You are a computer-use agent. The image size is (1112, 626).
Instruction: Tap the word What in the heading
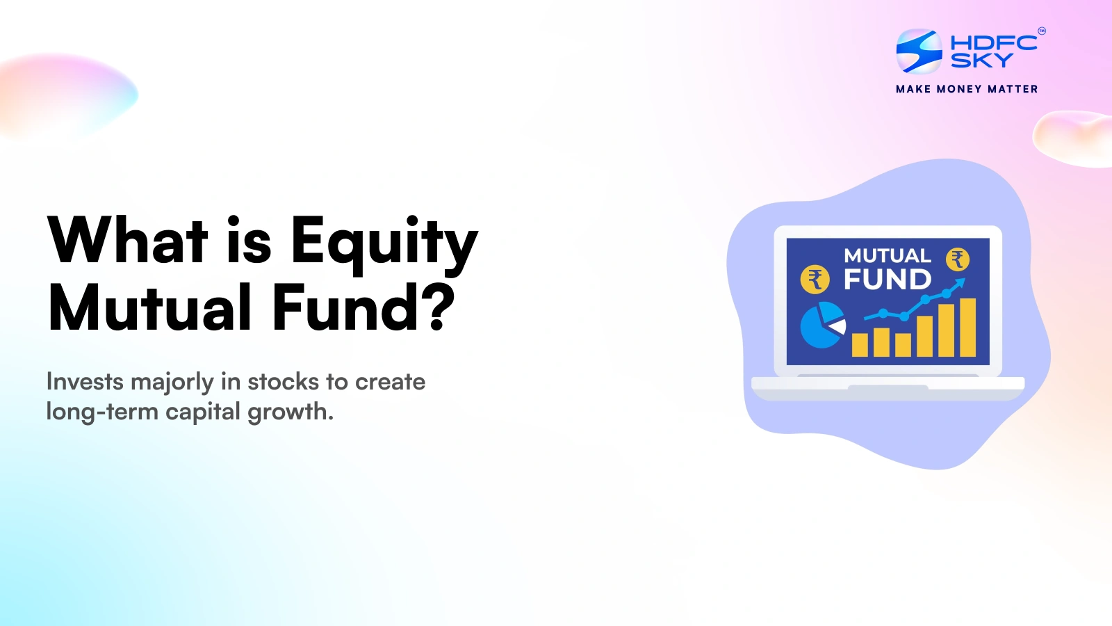tap(128, 239)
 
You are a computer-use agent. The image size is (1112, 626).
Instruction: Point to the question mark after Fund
tap(439, 307)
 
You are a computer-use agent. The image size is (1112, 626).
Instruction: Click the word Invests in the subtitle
tap(85, 382)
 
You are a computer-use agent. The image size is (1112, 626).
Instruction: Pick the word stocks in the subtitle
tap(283, 382)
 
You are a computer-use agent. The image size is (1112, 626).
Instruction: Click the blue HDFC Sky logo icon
tap(919, 51)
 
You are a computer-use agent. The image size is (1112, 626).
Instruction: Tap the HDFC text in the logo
tap(993, 43)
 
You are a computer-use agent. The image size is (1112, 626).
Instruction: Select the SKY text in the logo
tap(981, 60)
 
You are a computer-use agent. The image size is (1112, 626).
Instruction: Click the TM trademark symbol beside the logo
tap(1042, 31)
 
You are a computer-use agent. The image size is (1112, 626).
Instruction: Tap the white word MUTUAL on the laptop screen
tap(888, 256)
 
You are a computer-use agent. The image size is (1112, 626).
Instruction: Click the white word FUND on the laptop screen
tap(888, 279)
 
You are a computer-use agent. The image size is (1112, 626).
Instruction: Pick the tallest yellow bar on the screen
tap(967, 328)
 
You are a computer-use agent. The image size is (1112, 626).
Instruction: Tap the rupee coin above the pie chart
tap(815, 279)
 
